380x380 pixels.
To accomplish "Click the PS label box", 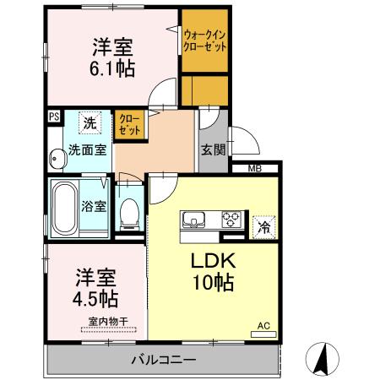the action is [54, 117].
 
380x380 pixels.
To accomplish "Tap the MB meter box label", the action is [255, 169].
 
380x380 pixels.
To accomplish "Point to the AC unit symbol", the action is [263, 334].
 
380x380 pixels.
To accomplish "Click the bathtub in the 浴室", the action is [65, 208].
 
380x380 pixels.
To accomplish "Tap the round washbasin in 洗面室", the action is [57, 159].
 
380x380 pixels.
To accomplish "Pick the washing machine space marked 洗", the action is [90, 123].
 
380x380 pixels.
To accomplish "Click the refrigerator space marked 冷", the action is [263, 227].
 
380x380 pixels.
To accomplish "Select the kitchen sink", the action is [193, 220].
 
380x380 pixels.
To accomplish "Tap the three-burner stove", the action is [231, 219].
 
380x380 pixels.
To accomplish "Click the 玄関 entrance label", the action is [213, 149].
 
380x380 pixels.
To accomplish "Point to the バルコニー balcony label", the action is [164, 360].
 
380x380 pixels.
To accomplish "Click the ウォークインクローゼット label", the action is [204, 41].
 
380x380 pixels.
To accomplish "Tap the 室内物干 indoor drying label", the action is [108, 321].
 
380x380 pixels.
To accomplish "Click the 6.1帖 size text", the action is [112, 68].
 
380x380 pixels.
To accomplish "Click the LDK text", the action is [213, 261].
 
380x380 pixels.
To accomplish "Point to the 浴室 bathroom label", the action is [94, 206].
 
